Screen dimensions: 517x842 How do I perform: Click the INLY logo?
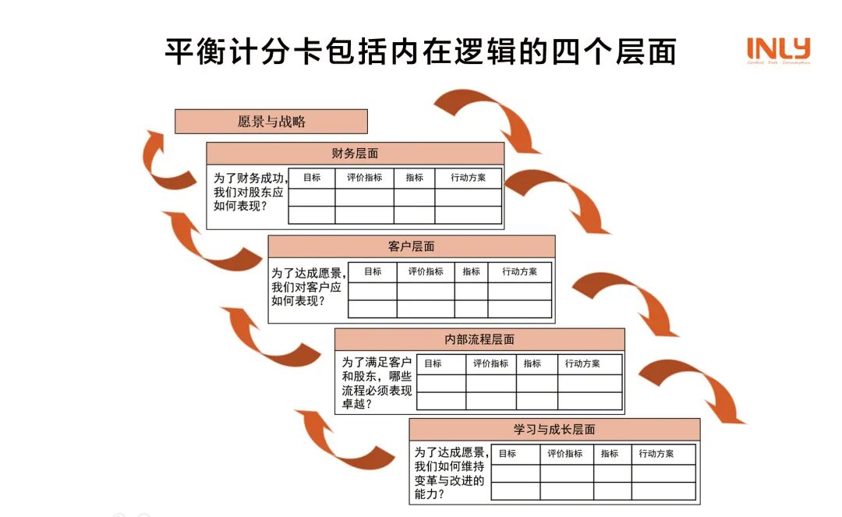778,50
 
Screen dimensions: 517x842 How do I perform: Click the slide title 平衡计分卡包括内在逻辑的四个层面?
420,51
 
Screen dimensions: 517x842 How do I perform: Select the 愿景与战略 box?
271,122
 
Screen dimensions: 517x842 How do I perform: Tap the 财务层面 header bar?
355,154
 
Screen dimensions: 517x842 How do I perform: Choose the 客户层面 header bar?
411,246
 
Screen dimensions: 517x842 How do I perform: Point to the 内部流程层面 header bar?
479,339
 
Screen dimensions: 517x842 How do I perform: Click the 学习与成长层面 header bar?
554,430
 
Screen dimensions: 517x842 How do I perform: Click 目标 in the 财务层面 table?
312,178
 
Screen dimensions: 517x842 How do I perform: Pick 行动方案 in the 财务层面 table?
468,178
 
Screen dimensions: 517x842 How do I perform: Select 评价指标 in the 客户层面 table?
426,271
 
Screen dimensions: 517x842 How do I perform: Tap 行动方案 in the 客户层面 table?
519,271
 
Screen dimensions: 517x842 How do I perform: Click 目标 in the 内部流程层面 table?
433,363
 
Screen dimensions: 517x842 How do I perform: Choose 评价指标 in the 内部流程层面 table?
490,363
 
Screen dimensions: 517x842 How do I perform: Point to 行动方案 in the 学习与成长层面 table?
656,454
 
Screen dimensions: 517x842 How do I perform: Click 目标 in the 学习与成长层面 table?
507,454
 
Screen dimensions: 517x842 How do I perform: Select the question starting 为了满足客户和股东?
377,383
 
